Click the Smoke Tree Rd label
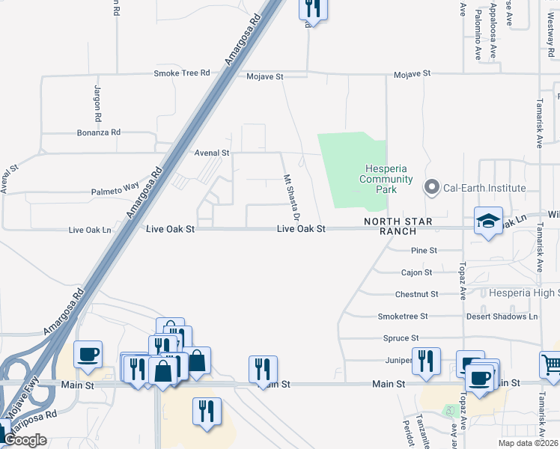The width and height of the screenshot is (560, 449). pyautogui.click(x=182, y=73)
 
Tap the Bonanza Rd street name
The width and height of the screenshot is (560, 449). pyautogui.click(x=99, y=132)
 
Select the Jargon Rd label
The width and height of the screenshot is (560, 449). pyautogui.click(x=97, y=104)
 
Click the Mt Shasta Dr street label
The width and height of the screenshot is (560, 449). pyautogui.click(x=291, y=197)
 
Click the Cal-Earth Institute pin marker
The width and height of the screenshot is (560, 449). pyautogui.click(x=432, y=188)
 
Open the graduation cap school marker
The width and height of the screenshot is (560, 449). pyautogui.click(x=488, y=222)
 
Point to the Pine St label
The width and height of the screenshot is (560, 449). pyautogui.click(x=424, y=250)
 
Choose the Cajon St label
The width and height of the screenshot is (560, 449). pyautogui.click(x=417, y=272)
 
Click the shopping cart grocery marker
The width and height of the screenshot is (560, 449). pyautogui.click(x=552, y=364)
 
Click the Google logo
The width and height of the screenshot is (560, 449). pyautogui.click(x=25, y=440)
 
